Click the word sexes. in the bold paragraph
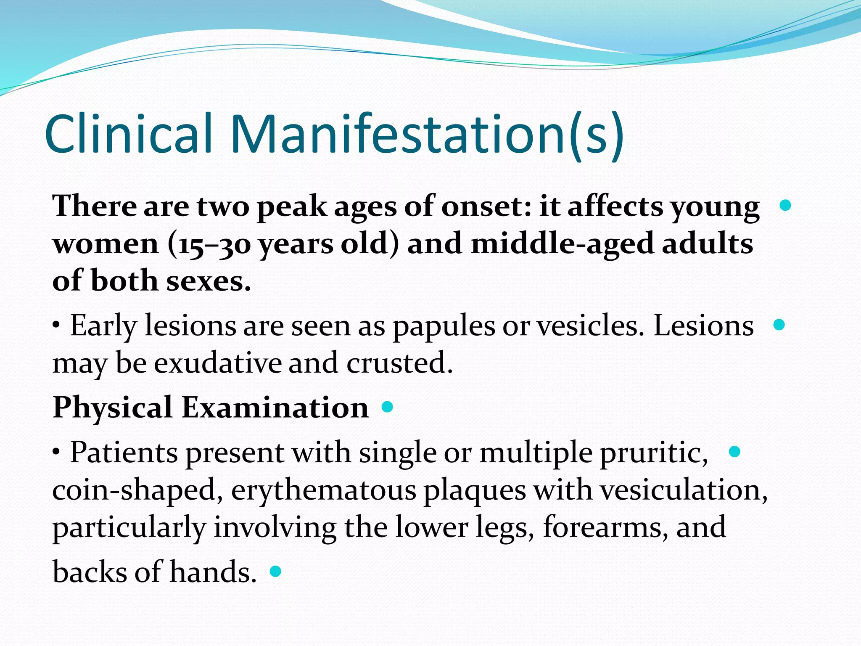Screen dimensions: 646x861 (209, 281)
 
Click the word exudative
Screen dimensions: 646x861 (217, 363)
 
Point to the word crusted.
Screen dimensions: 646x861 (399, 363)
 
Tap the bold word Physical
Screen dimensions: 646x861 (112, 408)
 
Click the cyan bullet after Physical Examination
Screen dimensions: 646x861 (387, 407)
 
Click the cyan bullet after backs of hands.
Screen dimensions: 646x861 (275, 571)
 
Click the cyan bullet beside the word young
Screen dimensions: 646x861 (785, 205)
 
